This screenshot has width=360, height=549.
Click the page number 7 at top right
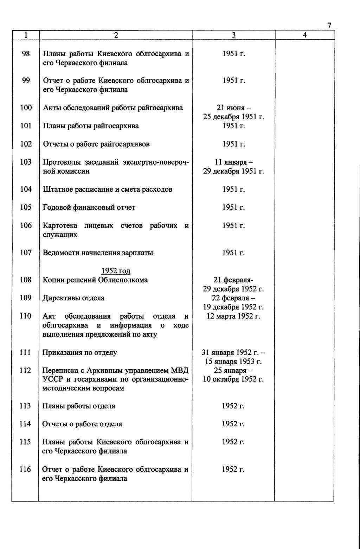(x=329, y=25)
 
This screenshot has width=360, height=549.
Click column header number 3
(x=234, y=35)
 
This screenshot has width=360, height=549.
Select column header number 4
(x=304, y=35)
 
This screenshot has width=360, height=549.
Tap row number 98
(x=26, y=54)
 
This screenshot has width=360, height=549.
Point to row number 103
(x=26, y=162)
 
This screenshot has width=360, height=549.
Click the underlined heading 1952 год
(x=116, y=271)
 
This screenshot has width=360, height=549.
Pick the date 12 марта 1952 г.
(x=233, y=316)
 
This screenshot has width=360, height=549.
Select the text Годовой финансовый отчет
(x=89, y=208)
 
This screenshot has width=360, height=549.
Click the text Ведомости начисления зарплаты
(x=98, y=253)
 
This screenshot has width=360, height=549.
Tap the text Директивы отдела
(x=73, y=298)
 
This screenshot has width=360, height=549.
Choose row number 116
(x=25, y=470)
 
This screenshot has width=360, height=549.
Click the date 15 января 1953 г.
(x=233, y=362)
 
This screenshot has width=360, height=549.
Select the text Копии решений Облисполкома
(x=95, y=280)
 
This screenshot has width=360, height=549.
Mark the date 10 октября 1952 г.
(x=233, y=379)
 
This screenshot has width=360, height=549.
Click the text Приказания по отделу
(x=80, y=352)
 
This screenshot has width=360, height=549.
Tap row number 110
(x=25, y=316)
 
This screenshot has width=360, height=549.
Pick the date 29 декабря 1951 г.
(x=233, y=171)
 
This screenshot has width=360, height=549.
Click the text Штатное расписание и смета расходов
(x=108, y=190)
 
